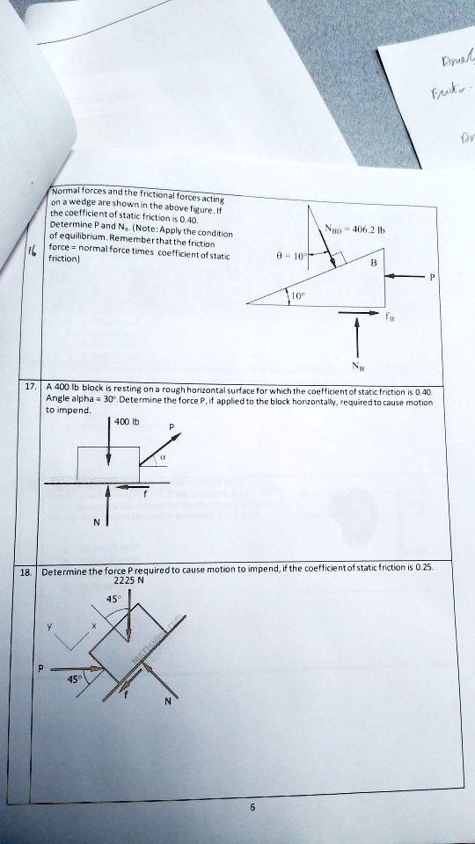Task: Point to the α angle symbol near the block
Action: [x=163, y=457]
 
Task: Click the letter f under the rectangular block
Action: [x=147, y=495]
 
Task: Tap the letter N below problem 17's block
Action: [x=95, y=520]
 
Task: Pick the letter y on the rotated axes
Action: [x=52, y=625]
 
